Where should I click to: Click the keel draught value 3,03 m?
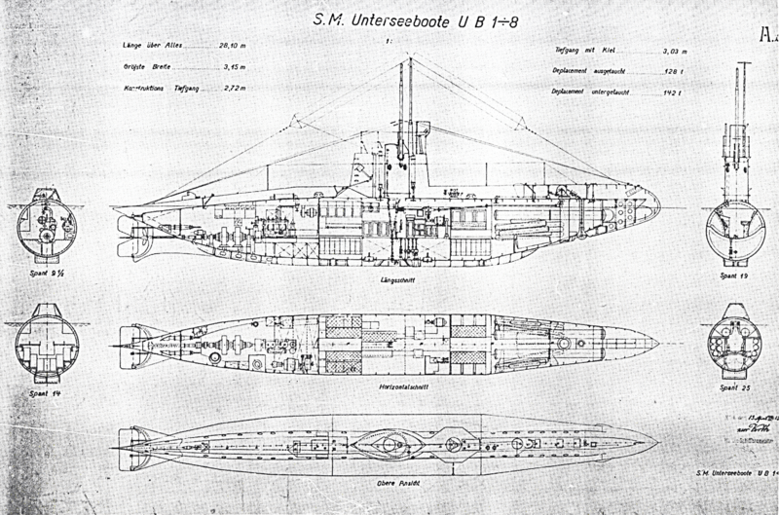tap(674, 50)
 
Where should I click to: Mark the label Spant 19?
tap(737, 277)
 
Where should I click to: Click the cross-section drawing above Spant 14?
tap(46, 341)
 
